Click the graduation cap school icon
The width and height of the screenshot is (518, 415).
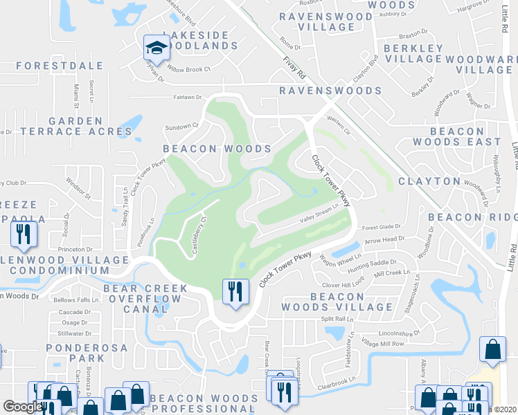(156, 48)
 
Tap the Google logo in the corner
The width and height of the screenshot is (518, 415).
(22, 407)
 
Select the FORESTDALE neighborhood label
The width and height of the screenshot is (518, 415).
(60, 66)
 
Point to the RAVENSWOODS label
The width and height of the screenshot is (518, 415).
(330, 91)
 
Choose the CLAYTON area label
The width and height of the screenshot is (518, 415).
(429, 181)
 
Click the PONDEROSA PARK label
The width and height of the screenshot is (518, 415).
(87, 352)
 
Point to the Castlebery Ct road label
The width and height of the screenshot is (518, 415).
(199, 235)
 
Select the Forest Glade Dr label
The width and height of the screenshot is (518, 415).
(382, 226)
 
